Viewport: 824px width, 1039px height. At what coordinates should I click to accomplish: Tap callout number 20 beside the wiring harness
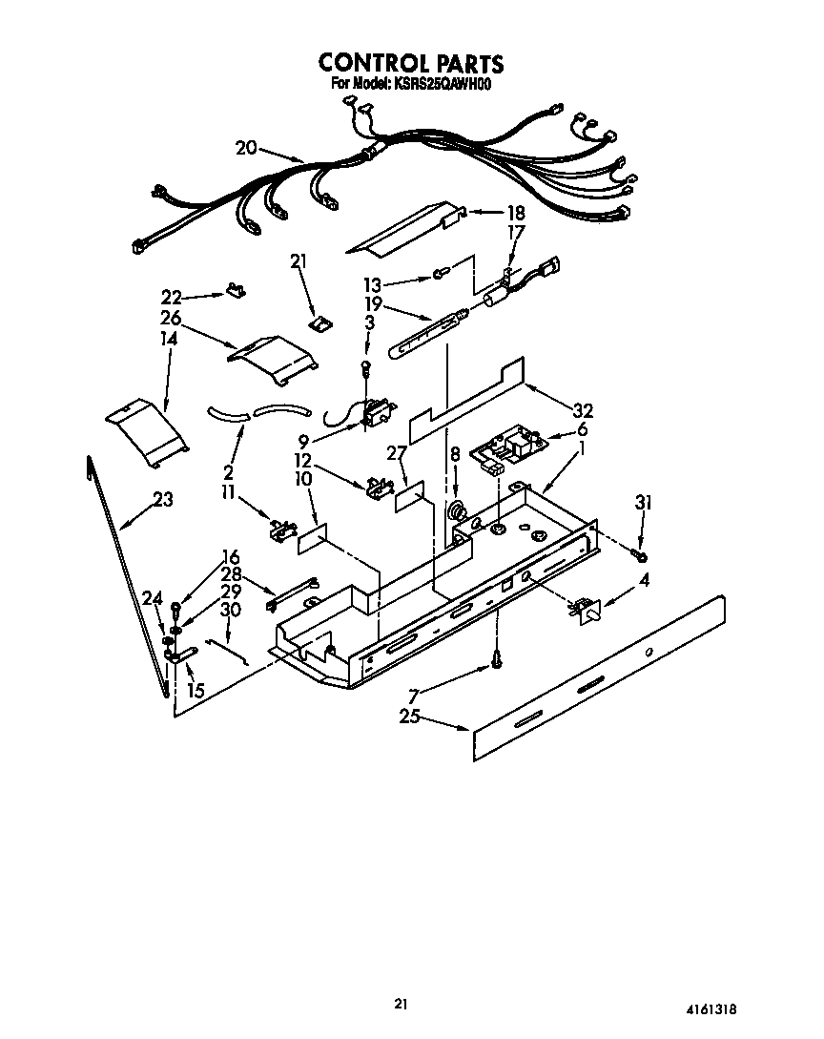pos(246,147)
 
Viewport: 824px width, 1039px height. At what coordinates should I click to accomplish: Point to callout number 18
pos(515,213)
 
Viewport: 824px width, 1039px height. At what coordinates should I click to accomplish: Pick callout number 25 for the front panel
pos(410,717)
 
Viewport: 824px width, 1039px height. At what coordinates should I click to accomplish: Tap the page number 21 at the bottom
pos(401,1004)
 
